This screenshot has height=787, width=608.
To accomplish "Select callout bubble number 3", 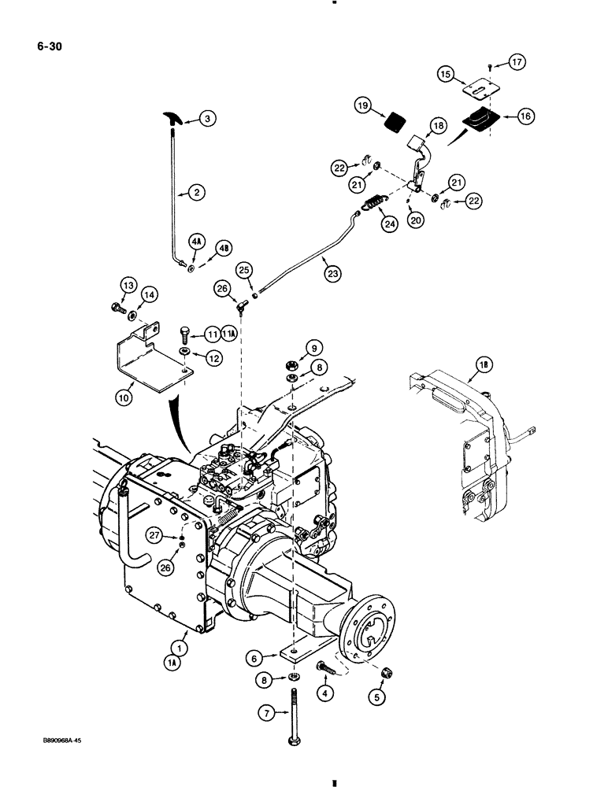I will pos(207,119).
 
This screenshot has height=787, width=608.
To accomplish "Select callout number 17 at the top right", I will pos(516,61).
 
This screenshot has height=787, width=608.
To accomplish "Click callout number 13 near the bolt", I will pos(128,285).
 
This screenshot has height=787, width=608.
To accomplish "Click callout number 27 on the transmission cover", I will pos(154,537).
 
